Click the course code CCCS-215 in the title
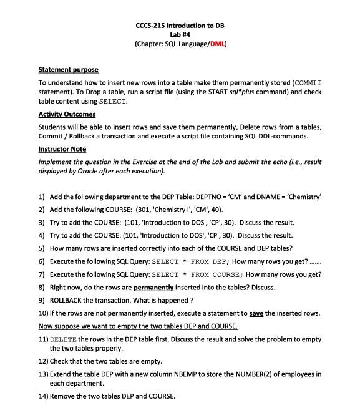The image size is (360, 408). pyautogui.click(x=152, y=26)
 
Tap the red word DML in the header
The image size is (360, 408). pyautogui.click(x=217, y=44)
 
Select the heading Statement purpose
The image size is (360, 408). pyautogui.click(x=68, y=69)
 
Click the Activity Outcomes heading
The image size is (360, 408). pyautogui.click(x=67, y=114)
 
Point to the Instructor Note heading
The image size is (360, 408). pyautogui.click(x=62, y=150)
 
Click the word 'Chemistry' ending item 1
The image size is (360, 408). pyautogui.click(x=302, y=196)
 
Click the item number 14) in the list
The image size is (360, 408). pyautogui.click(x=43, y=396)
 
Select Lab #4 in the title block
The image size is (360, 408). pyautogui.click(x=180, y=35)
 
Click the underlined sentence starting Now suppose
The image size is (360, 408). pyautogui.click(x=138, y=326)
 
